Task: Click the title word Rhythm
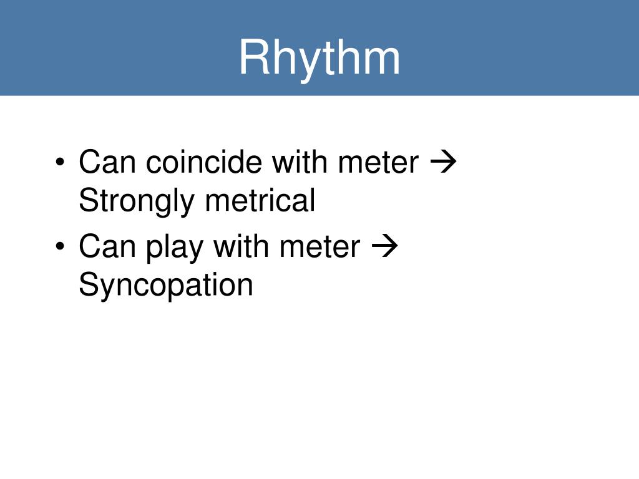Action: tap(319, 58)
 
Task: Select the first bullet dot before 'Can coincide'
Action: tap(59, 163)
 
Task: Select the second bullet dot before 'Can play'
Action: tap(59, 248)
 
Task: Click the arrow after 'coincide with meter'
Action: tap(444, 163)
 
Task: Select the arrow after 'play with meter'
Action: tap(385, 248)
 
